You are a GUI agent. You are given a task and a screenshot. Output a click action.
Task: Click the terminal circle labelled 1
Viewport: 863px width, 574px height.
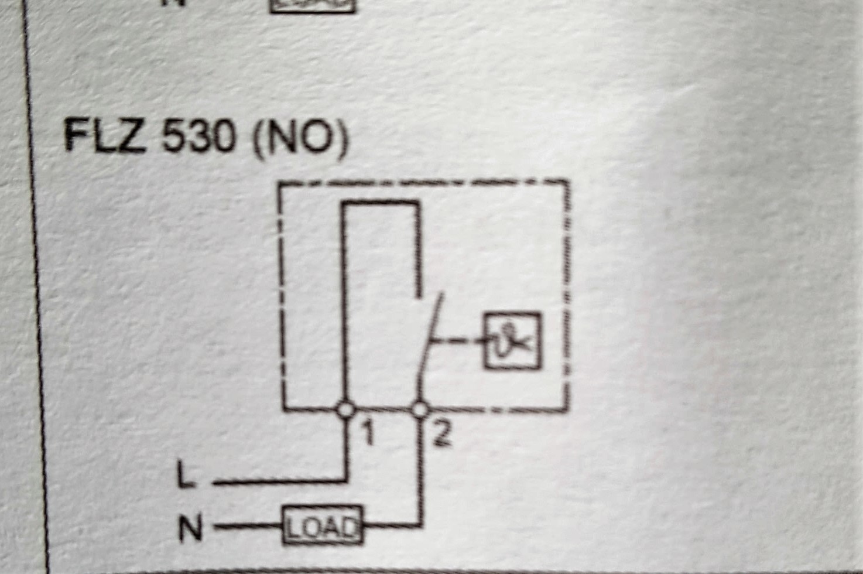coord(345,410)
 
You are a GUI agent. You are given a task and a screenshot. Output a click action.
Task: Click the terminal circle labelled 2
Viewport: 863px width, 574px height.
coord(420,410)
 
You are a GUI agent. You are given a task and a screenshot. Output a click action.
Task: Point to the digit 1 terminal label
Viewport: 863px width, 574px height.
coord(368,432)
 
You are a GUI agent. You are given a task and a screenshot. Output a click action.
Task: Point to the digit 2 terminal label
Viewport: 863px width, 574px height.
coord(442,433)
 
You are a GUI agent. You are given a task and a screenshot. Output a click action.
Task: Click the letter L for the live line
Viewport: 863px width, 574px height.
coord(186,474)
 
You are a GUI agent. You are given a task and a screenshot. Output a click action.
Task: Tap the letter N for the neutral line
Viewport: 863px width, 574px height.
coord(190,528)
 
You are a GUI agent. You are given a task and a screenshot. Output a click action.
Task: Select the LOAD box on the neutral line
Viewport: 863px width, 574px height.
coord(323,525)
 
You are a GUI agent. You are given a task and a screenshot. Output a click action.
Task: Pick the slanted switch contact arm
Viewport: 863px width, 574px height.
coord(430,346)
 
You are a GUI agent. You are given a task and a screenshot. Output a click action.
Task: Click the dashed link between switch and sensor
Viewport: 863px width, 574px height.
coord(457,341)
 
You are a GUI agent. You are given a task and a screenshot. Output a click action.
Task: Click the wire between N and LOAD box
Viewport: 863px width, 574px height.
coord(248,525)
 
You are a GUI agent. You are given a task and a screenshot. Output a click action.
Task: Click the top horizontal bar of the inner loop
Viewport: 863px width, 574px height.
coord(381,202)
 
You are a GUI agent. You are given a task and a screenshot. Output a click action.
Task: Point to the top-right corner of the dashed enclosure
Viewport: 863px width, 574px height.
coord(568,180)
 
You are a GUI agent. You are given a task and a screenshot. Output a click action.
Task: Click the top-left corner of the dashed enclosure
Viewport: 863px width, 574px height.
coord(280,184)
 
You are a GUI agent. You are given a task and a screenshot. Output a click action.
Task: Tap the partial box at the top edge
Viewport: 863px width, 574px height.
coord(313,6)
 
